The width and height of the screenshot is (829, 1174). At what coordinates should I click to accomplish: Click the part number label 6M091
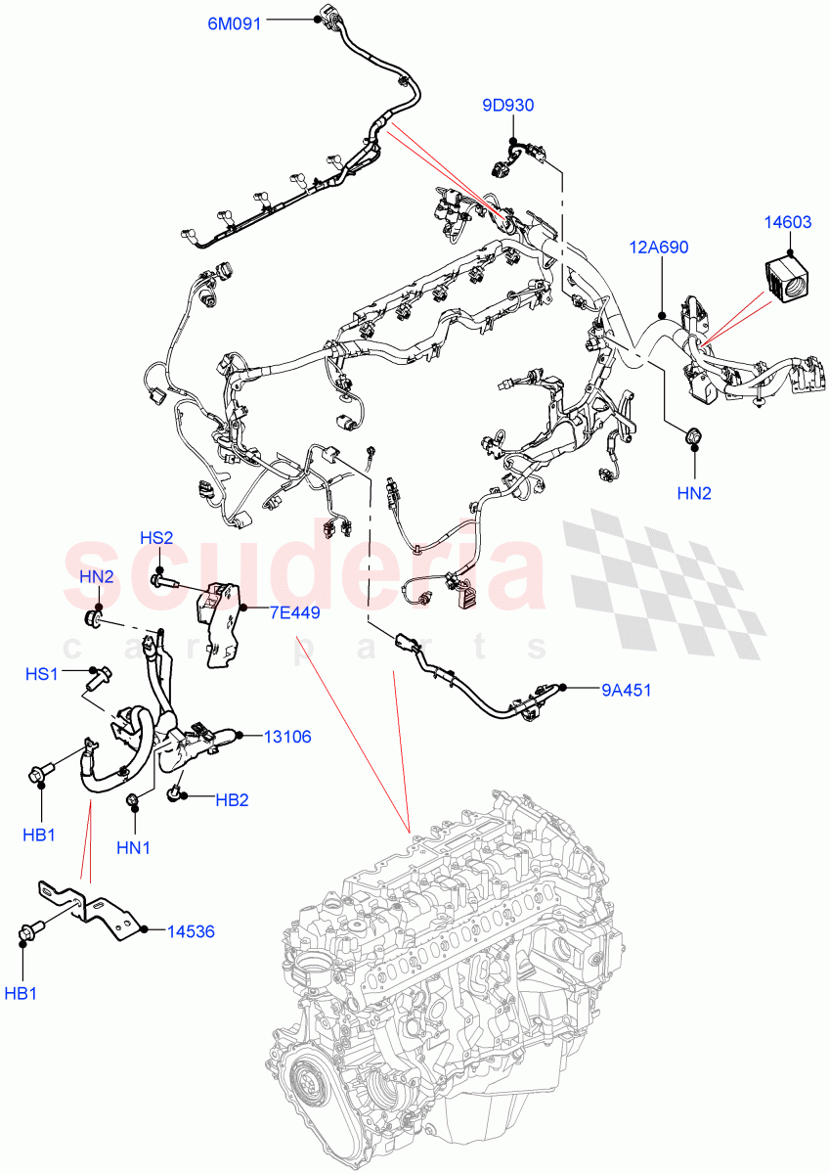pos(234,24)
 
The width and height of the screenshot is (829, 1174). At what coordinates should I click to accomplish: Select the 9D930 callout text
pos(507,106)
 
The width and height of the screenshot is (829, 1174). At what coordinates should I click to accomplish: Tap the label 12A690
pos(659,248)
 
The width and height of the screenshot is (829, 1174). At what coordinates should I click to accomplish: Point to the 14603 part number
pos(788,222)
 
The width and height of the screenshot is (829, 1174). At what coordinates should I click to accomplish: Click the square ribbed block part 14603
pos(788,278)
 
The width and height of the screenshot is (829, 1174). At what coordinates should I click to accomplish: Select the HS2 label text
pos(156,538)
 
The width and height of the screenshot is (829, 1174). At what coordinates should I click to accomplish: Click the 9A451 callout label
pos(626,690)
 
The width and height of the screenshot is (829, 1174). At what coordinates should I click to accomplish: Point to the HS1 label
pos(42,674)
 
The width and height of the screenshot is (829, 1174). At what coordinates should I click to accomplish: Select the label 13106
pos(287,737)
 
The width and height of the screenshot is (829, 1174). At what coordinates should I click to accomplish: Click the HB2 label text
pos(232,799)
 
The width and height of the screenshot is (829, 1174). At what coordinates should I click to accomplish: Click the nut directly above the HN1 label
pos(133,803)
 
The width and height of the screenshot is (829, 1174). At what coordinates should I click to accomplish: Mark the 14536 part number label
pos(191,931)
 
